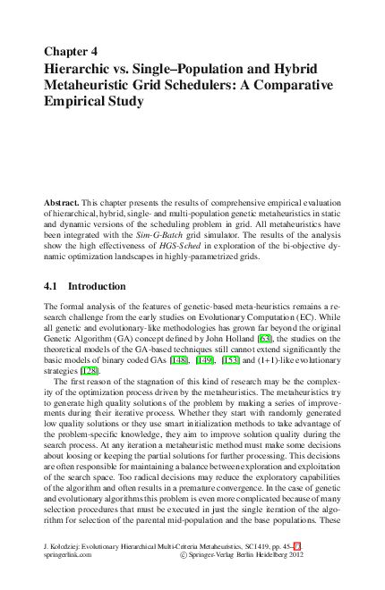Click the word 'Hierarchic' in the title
point(83,68)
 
